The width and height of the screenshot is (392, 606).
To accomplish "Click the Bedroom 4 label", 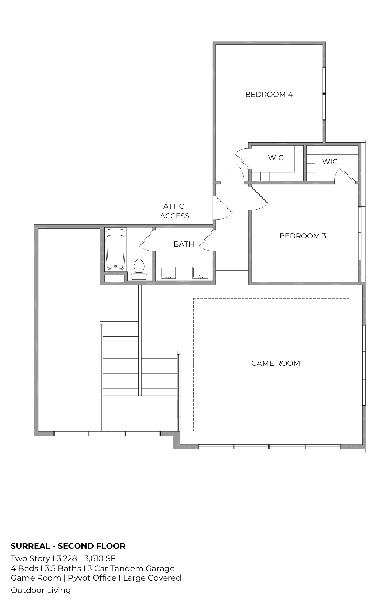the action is pyautogui.click(x=269, y=95).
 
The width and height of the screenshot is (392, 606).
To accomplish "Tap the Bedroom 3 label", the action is pyautogui.click(x=303, y=236).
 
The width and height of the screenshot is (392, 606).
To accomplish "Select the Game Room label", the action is pyautogui.click(x=276, y=363).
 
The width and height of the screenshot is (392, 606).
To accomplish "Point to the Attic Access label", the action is pyautogui.click(x=174, y=211).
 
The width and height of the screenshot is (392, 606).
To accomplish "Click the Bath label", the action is pyautogui.click(x=184, y=244).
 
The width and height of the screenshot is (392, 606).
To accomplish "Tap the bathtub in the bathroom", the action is pyautogui.click(x=115, y=249).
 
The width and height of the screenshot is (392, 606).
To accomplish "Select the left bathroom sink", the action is pyautogui.click(x=168, y=273).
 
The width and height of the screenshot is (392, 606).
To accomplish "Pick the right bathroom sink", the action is pyautogui.click(x=200, y=273).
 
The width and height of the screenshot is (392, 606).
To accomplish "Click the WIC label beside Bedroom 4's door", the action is pyautogui.click(x=276, y=158).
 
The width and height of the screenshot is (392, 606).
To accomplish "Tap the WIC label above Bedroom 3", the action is pyautogui.click(x=330, y=162).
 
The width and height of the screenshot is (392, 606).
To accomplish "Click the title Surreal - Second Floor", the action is pyautogui.click(x=68, y=546).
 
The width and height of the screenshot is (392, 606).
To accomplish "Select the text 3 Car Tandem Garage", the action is pyautogui.click(x=131, y=568).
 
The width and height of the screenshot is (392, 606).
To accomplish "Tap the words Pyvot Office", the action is pyautogui.click(x=92, y=578).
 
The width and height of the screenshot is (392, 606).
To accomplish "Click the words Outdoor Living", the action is pyautogui.click(x=41, y=590).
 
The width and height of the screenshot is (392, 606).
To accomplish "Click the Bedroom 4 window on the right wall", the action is pyautogui.click(x=324, y=93).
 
